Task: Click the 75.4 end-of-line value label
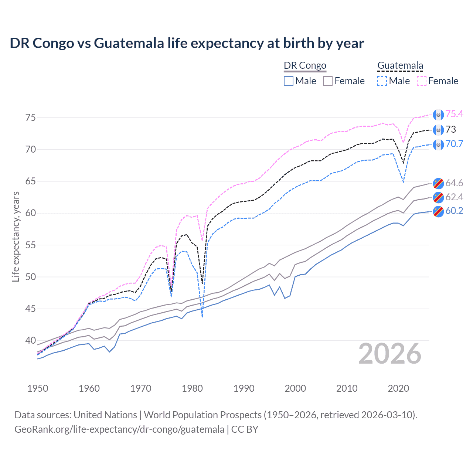pos(454,114)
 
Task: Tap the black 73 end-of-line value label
pos(451,129)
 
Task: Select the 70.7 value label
pos(454,144)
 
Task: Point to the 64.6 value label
pos(454,183)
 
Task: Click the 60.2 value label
pos(454,211)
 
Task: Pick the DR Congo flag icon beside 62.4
pos(438,197)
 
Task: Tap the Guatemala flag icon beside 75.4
pos(438,115)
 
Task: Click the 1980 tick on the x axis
pos(192,388)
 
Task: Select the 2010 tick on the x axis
pos(347,388)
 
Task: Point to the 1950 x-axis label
pos(38,388)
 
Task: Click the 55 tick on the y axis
pos(31,245)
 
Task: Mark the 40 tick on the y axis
pos(31,340)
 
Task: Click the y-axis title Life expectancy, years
pos(16,236)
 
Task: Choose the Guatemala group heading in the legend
pos(400,66)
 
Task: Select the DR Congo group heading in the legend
pos(305,66)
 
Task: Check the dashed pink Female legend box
pos(422,81)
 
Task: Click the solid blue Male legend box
pos(289,81)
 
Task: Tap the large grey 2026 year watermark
pos(390,354)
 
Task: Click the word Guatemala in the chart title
pos(129,43)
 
